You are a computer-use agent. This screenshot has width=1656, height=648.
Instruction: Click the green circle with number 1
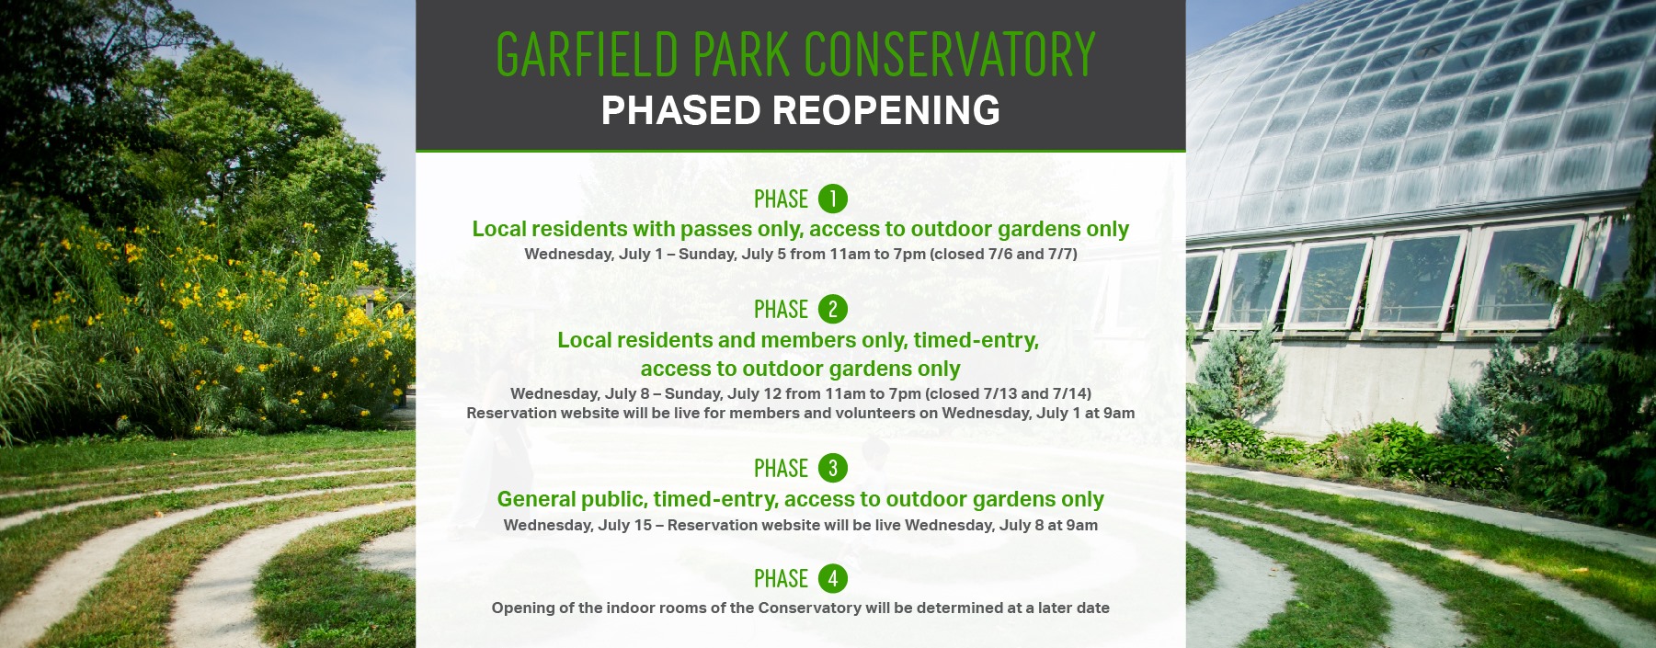click(832, 199)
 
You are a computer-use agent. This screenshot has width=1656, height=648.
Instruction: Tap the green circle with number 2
click(832, 309)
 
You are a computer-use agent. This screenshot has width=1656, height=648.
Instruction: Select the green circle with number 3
click(832, 468)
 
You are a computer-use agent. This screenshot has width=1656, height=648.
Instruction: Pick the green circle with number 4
click(832, 578)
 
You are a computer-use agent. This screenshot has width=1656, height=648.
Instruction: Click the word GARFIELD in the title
click(588, 54)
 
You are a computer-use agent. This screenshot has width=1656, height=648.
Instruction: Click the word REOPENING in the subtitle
click(886, 110)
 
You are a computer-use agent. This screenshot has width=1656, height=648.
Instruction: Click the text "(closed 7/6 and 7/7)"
click(1003, 254)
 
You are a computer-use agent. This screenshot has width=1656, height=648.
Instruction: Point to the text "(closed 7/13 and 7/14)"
click(1008, 393)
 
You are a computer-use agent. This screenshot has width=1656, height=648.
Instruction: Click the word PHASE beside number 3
click(781, 469)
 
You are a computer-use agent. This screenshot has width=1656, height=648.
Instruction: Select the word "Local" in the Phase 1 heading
click(498, 229)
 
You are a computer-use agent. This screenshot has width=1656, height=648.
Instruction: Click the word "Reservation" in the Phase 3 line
click(714, 525)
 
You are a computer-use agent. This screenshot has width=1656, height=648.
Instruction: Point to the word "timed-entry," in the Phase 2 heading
click(976, 340)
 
